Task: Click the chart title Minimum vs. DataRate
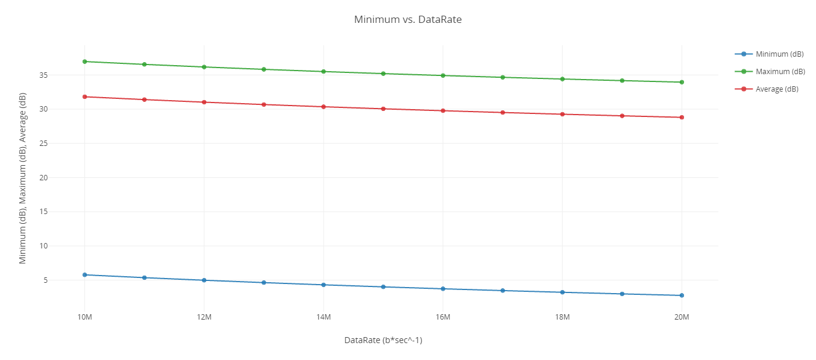pyautogui.click(x=407, y=19)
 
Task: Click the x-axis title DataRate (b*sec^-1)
pyautogui.click(x=383, y=340)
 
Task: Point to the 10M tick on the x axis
pyautogui.click(x=85, y=317)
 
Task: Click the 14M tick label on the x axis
pyautogui.click(x=324, y=317)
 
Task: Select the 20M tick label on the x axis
pyautogui.click(x=682, y=317)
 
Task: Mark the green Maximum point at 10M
pyautogui.click(x=85, y=62)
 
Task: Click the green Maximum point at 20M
pyautogui.click(x=682, y=82)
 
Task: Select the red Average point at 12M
pyautogui.click(x=204, y=102)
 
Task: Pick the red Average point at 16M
pyautogui.click(x=443, y=110)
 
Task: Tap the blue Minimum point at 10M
pyautogui.click(x=85, y=275)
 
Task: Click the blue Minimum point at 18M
pyautogui.click(x=562, y=292)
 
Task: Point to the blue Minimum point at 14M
pyautogui.click(x=324, y=285)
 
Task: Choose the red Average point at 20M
pyautogui.click(x=682, y=117)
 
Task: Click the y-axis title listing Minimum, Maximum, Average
pyautogui.click(x=23, y=178)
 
